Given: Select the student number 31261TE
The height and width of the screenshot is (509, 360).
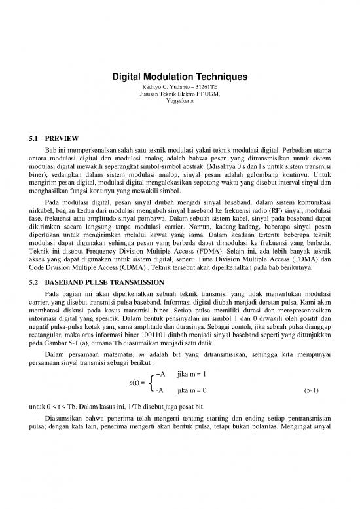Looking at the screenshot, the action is (204, 87).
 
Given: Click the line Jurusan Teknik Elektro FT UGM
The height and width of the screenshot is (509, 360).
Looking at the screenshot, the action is (179, 94).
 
